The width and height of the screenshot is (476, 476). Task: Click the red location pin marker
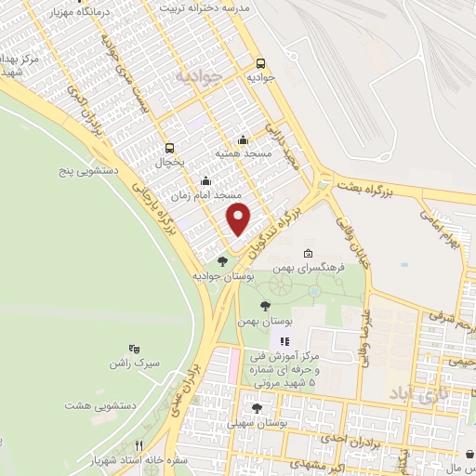(x=239, y=220)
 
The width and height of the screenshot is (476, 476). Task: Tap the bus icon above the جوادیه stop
(x=261, y=64)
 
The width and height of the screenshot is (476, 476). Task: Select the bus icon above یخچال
(x=169, y=147)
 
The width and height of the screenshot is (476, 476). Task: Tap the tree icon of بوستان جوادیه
(x=221, y=261)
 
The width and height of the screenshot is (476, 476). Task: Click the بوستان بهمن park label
(x=265, y=320)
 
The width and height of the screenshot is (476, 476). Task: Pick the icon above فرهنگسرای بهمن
(x=308, y=253)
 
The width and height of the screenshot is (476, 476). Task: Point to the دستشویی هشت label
(x=94, y=405)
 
